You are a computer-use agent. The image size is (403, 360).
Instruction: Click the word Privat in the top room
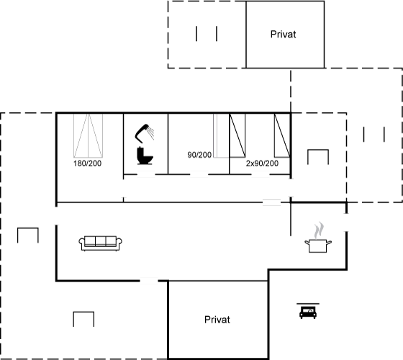click(284, 35)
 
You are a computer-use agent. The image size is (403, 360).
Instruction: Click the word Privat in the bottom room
click(217, 320)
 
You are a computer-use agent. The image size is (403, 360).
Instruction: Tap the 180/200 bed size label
click(87, 163)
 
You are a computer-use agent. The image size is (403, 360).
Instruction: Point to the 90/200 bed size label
click(199, 155)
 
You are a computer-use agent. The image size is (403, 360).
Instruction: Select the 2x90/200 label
click(262, 163)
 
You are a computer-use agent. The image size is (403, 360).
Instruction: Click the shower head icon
click(144, 133)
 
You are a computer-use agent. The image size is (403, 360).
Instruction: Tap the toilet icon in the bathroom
click(145, 156)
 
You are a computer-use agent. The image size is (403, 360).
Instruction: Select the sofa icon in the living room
click(101, 243)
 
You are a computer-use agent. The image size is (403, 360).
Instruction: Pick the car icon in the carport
click(308, 311)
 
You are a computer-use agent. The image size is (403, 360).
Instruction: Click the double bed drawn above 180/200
click(88, 135)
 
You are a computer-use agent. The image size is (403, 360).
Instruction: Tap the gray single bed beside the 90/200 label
click(221, 135)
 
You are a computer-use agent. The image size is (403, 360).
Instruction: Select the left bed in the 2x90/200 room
click(237, 135)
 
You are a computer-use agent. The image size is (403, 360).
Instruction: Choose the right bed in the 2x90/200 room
click(282, 135)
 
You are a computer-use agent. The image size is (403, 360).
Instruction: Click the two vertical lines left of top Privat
click(207, 33)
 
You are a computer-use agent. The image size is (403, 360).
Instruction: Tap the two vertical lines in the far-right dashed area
click(374, 134)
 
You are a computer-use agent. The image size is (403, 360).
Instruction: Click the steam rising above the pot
click(319, 230)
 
